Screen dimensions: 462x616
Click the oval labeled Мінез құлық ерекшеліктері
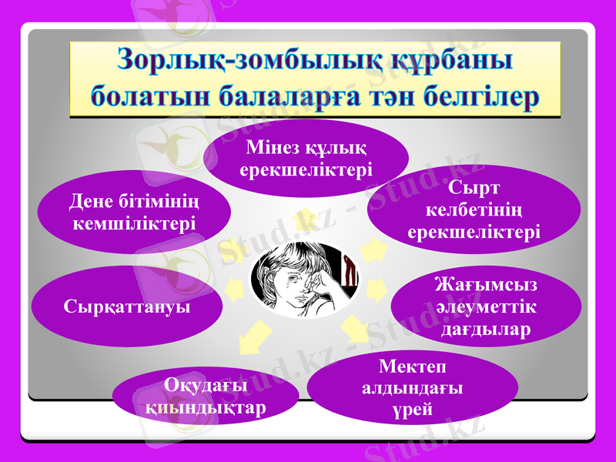(x=306, y=157)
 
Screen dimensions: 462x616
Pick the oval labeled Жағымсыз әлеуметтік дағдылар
(x=485, y=307)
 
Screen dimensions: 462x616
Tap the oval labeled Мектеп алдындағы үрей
(x=412, y=388)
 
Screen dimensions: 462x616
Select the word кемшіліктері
(x=134, y=223)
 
